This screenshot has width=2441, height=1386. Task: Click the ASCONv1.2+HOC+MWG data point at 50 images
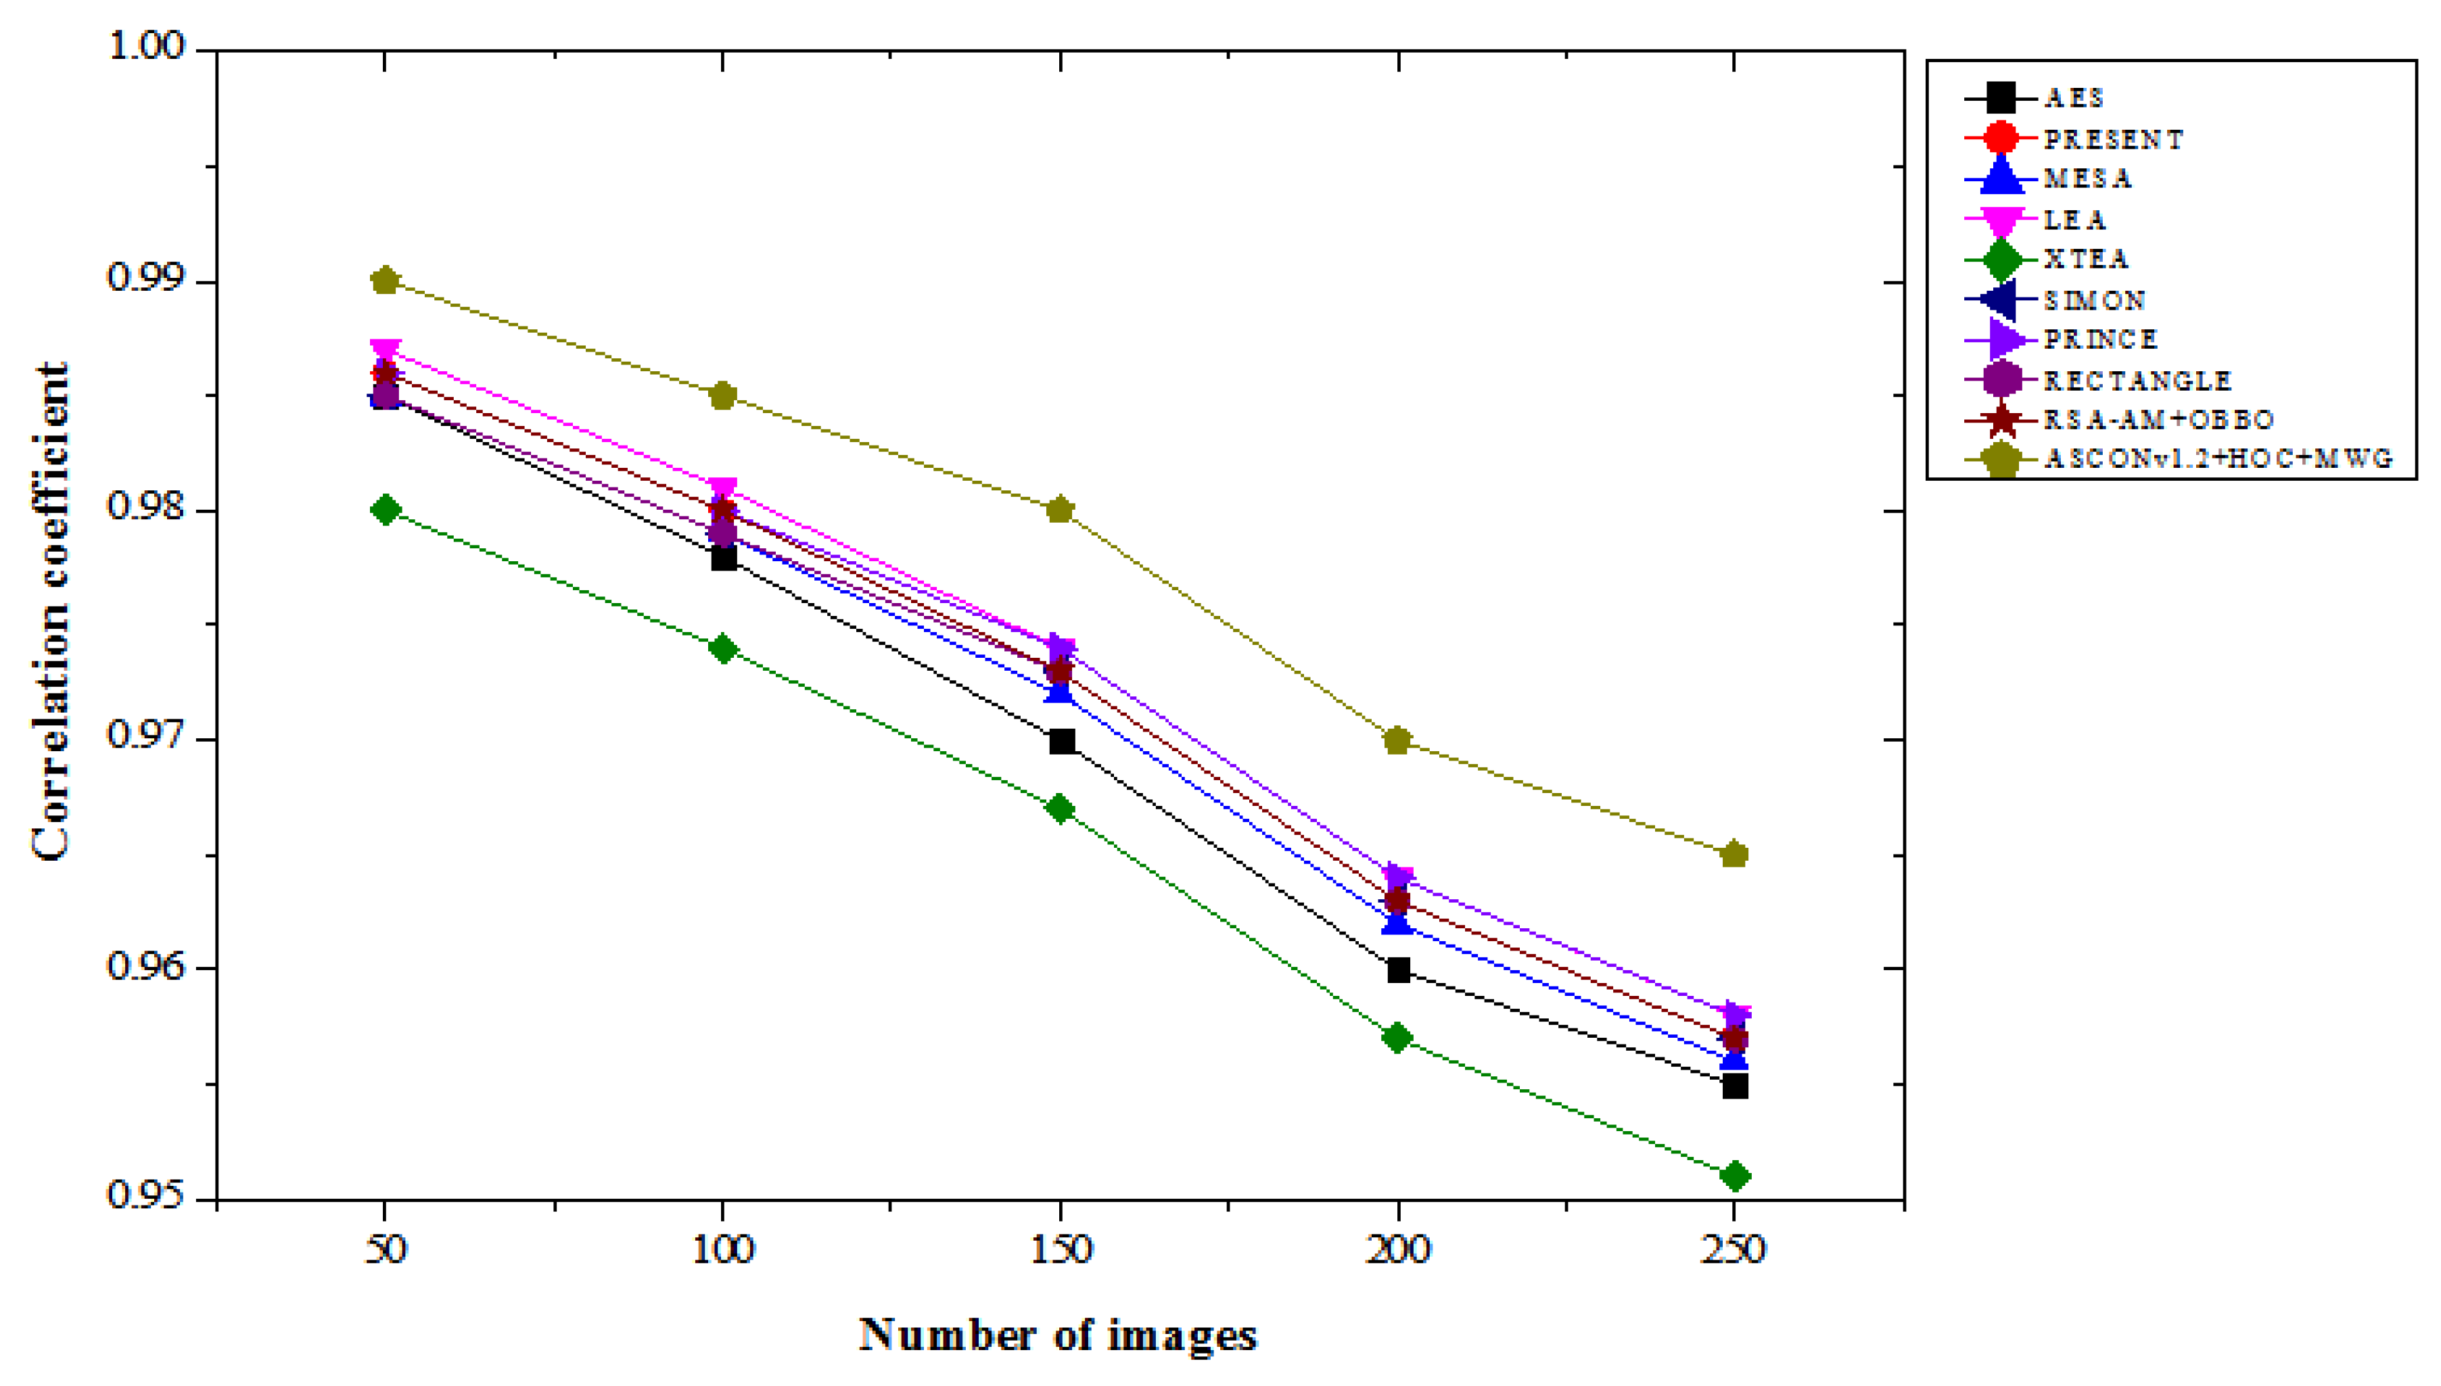point(385,281)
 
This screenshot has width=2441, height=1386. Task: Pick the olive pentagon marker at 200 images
point(1397,740)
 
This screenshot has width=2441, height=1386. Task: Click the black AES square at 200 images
point(1397,971)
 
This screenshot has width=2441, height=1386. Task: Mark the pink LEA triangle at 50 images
point(385,350)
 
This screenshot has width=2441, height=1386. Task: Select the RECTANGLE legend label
point(2137,381)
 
